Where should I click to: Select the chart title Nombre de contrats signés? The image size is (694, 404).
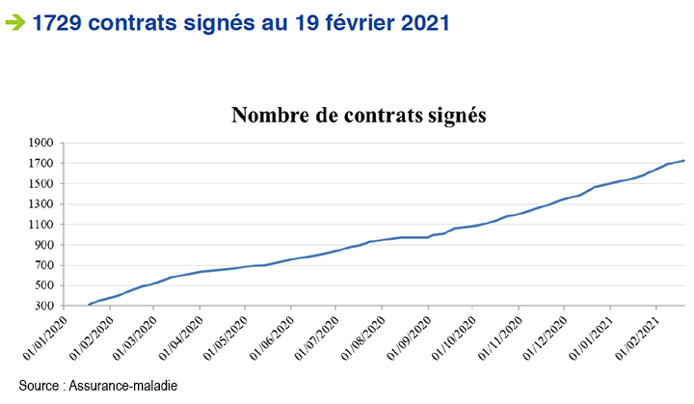pyautogui.click(x=359, y=115)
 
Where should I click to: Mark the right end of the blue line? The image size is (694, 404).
pyautogui.click(x=683, y=161)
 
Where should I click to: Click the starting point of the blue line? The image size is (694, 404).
pyautogui.click(x=89, y=305)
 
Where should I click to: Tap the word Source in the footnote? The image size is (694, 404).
pyautogui.click(x=38, y=386)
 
